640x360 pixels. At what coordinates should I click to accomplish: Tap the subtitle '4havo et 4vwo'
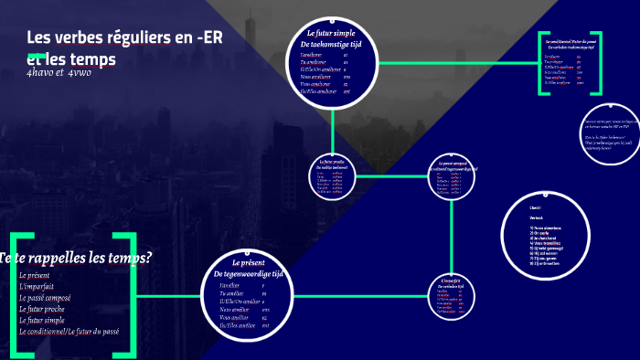click(59, 71)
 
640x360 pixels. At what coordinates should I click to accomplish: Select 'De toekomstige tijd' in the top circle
click(332, 44)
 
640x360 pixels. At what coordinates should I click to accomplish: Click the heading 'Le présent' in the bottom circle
click(248, 263)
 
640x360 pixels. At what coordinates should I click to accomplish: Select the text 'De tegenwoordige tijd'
click(249, 274)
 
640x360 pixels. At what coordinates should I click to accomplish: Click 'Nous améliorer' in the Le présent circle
click(236, 309)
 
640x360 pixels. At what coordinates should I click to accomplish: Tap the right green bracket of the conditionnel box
click(599, 64)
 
